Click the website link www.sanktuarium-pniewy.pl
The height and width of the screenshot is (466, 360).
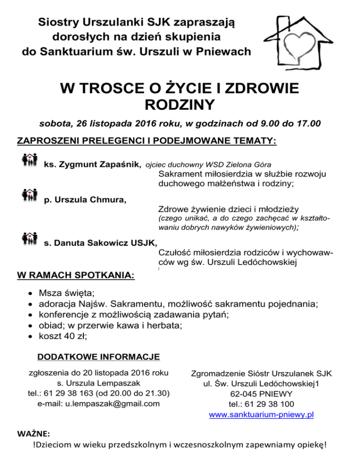pos(262,415)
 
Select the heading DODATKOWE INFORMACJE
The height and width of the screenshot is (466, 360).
pos(98,358)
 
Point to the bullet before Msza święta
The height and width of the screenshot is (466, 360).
pos(30,294)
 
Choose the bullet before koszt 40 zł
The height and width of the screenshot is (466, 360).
pos(30,336)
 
